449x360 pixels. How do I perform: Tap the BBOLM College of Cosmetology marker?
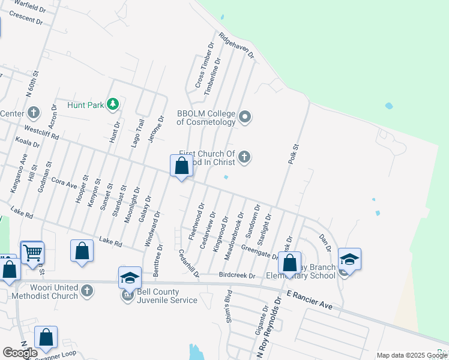coord(245,116)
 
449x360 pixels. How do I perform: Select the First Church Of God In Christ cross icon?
coord(244,157)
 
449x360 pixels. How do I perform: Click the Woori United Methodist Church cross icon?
coord(87,291)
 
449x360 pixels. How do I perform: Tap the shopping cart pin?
coord(32,253)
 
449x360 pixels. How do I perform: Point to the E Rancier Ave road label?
coord(309,300)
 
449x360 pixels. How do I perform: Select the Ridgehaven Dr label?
coord(237,46)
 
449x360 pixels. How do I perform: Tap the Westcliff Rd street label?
coord(41,133)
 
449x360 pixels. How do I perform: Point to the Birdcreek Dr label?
coord(237,276)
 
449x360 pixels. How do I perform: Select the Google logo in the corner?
coord(20,352)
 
